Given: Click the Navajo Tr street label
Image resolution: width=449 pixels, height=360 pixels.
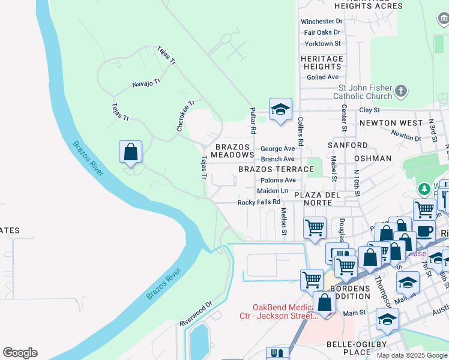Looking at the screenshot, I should (x=146, y=85).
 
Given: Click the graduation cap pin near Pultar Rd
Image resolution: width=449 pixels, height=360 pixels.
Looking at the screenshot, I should (x=280, y=110).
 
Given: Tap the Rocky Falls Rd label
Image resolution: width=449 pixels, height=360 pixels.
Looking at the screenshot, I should (x=259, y=202).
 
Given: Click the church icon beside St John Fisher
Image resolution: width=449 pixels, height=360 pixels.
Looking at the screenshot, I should (x=401, y=92).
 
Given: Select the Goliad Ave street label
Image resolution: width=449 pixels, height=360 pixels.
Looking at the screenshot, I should (x=323, y=77).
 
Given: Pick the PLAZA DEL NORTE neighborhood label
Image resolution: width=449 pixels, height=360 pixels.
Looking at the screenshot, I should (x=317, y=199).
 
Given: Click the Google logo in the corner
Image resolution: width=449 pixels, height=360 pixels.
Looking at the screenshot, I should (x=20, y=353).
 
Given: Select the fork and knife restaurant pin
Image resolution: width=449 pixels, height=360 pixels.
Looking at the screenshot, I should (x=277, y=353).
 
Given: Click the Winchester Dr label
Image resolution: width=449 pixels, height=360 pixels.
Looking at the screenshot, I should (x=321, y=22).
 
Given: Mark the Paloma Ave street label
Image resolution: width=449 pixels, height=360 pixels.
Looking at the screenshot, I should (x=278, y=180).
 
